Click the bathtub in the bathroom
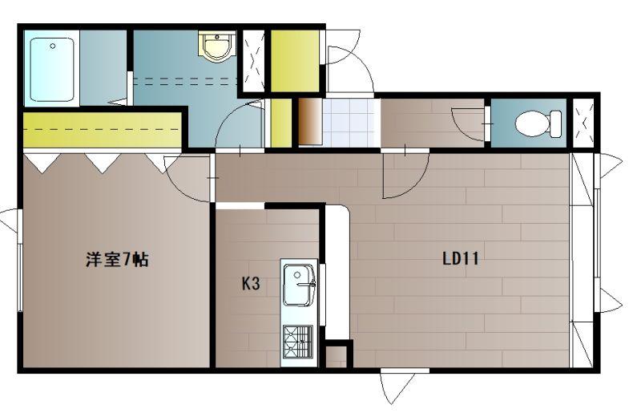pyautogui.click(x=52, y=70)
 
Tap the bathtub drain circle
pyautogui.click(x=52, y=47)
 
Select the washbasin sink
pyautogui.click(x=217, y=47)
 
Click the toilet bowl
pyautogui.click(x=532, y=123)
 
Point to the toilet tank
pyautogui.click(x=556, y=123)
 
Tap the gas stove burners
pyautogui.click(x=297, y=341)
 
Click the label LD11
pyautogui.click(x=461, y=259)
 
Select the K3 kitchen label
pyautogui.click(x=251, y=283)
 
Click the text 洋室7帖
pyautogui.click(x=117, y=260)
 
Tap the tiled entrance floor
pyautogui.click(x=349, y=123)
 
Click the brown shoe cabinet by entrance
pyautogui.click(x=310, y=122)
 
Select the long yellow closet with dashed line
pyautogui.click(x=103, y=130)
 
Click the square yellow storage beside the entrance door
pyautogui.click(x=295, y=61)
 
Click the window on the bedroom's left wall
pyautogui.click(x=18, y=261)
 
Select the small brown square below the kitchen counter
pyautogui.click(x=336, y=357)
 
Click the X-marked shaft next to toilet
pyautogui.click(x=583, y=123)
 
